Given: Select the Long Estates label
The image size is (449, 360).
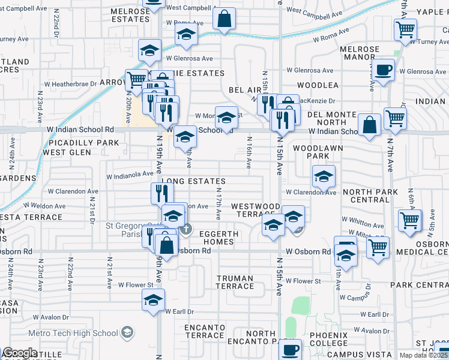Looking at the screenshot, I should pyautogui.click(x=193, y=181).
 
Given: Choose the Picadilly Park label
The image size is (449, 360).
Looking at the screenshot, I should pyautogui.click(x=76, y=143).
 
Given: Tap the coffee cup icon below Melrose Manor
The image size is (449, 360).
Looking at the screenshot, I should pyautogui.click(x=382, y=69).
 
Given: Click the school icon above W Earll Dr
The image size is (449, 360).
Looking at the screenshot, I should pyautogui.click(x=153, y=299).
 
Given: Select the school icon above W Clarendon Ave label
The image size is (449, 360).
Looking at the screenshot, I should pyautogui.click(x=324, y=176).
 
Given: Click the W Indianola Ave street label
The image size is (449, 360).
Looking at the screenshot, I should pyautogui.click(x=130, y=175).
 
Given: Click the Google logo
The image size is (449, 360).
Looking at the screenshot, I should pyautogui.click(x=20, y=353).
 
